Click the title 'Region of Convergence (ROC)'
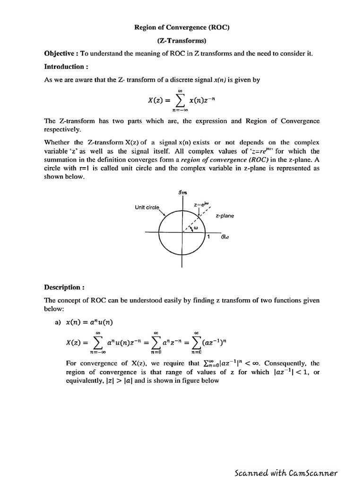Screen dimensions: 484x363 [x=182, y=27]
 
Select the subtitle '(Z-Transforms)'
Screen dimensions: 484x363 [x=182, y=41]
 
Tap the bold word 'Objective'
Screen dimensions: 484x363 [x=61, y=54]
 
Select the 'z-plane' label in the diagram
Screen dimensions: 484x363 [x=225, y=216]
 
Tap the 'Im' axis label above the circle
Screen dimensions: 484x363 [x=181, y=191]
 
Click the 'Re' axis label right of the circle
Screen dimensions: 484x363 [x=225, y=238]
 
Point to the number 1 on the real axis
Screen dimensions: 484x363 [x=208, y=237]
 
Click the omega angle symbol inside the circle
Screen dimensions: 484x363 [x=195, y=227]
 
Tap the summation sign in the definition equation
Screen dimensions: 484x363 [x=180, y=100]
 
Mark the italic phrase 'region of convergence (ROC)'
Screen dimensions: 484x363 [x=216, y=160]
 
